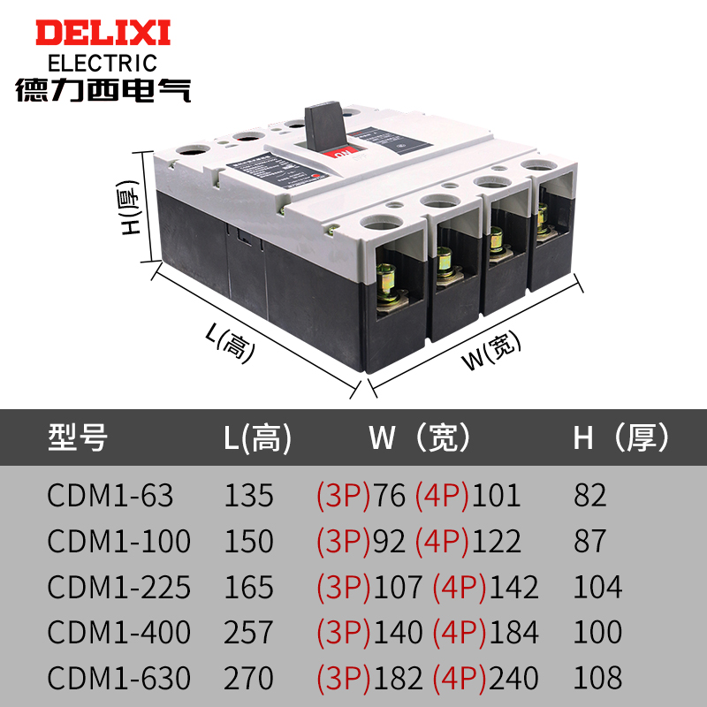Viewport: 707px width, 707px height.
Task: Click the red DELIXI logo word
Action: coord(102,34)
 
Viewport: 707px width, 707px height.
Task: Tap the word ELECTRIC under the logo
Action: coord(102,64)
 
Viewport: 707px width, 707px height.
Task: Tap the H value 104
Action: coord(597,587)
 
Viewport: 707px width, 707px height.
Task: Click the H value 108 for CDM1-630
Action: coord(597,678)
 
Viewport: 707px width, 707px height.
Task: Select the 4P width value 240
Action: coord(513,678)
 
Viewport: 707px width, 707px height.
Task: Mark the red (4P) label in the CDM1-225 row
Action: coord(459,587)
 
